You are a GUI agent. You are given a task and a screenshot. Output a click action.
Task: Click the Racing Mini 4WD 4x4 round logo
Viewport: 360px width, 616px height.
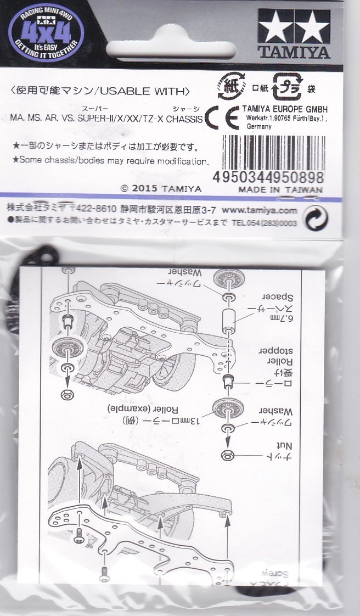point(44,33)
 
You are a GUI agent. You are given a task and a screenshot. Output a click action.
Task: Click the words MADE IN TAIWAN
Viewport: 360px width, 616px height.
point(279,189)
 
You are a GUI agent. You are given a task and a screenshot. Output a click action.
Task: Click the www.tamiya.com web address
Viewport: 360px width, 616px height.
point(260,210)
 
